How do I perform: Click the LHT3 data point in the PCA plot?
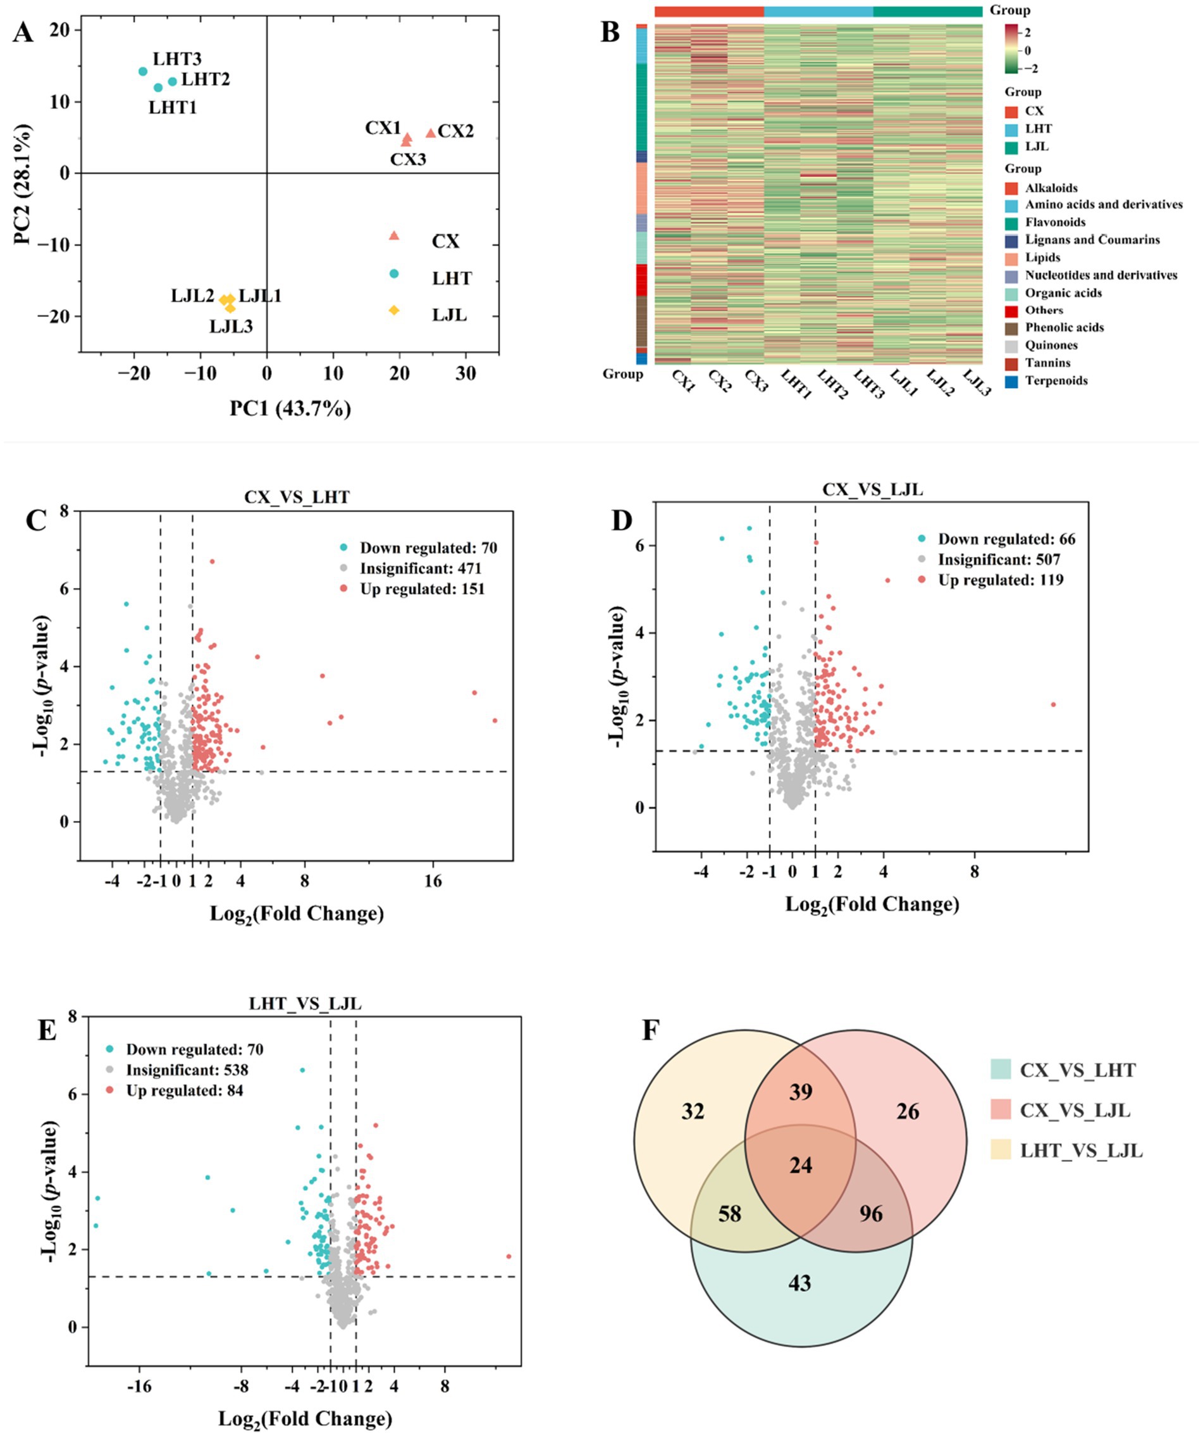click(143, 72)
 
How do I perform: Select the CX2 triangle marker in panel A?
click(431, 134)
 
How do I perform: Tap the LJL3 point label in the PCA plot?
click(231, 326)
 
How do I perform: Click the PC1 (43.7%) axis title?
click(290, 409)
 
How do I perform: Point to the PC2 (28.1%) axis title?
click(26, 185)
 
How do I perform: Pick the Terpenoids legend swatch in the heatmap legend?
click(1011, 382)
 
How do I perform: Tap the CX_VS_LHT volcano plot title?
click(297, 497)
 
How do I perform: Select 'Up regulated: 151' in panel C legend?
click(422, 589)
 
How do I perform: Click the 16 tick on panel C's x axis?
click(433, 881)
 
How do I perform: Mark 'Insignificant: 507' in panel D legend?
click(998, 560)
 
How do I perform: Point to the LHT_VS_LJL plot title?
click(304, 1003)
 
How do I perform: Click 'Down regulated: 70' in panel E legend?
click(194, 1049)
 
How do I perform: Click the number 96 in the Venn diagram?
click(871, 1214)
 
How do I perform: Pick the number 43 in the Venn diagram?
click(799, 1283)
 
